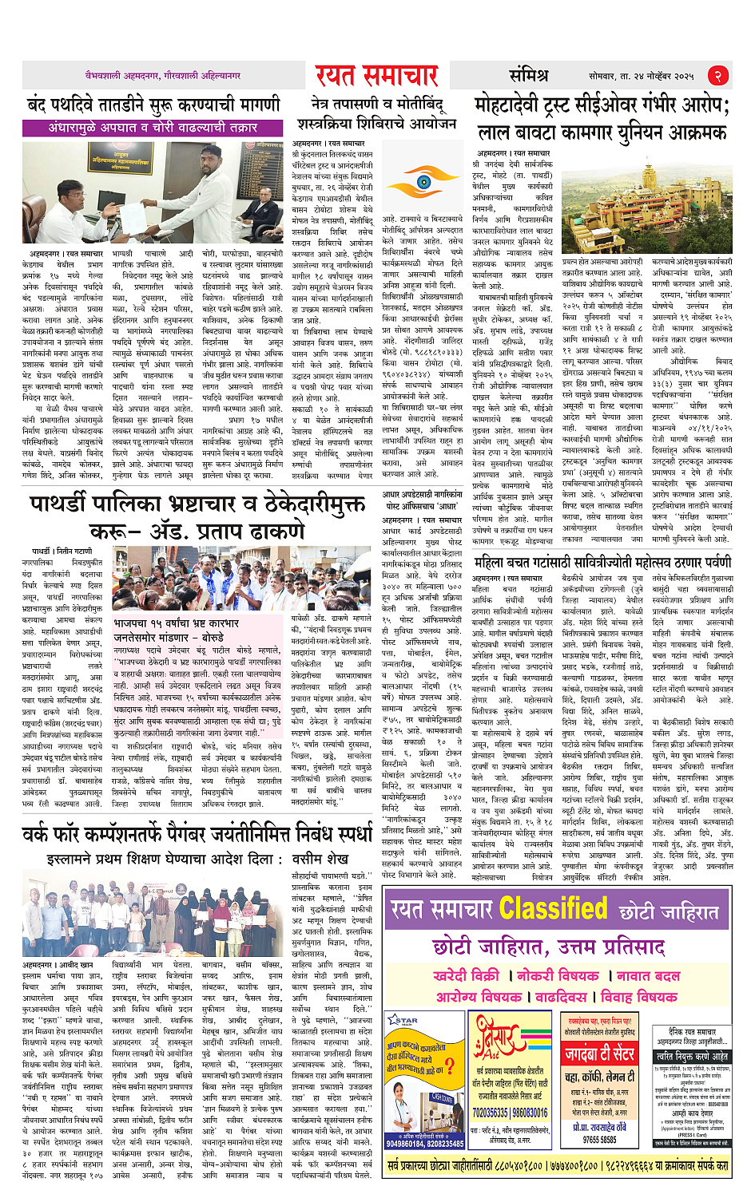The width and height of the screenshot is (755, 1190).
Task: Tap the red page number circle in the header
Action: coord(718,76)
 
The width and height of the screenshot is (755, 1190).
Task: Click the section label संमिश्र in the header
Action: coord(528,76)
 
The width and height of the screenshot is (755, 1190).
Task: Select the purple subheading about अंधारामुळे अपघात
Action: coord(153,128)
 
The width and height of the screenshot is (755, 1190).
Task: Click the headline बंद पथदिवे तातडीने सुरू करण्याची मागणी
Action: coord(153,105)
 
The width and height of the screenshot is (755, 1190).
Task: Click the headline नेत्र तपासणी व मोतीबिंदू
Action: coord(377,105)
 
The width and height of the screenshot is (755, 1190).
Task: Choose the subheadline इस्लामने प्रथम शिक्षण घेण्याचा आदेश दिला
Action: coord(197,860)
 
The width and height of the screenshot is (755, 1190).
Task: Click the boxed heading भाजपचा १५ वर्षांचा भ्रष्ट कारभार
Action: coord(176,623)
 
